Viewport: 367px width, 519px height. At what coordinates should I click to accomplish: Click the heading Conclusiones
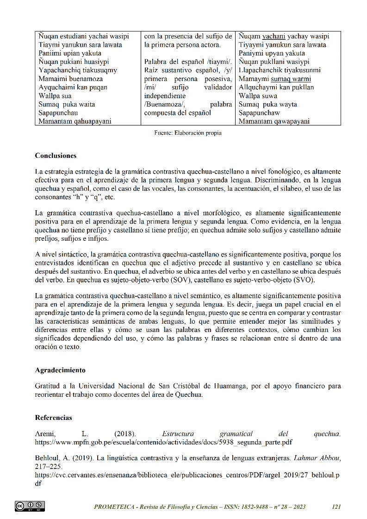(x=56, y=156)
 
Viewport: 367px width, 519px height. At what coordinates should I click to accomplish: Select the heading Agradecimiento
(x=60, y=370)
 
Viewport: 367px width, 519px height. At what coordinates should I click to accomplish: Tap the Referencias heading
(x=54, y=418)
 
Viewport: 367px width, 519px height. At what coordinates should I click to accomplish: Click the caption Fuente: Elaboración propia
(x=188, y=133)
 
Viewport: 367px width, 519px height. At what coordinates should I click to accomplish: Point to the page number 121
(x=336, y=506)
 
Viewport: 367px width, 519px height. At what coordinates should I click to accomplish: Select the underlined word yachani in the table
(x=274, y=36)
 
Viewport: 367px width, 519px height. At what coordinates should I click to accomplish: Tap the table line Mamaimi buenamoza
(x=71, y=79)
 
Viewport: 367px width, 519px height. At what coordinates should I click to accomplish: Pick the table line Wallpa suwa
(x=258, y=96)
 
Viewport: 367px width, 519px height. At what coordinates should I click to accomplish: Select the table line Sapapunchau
(x=58, y=113)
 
